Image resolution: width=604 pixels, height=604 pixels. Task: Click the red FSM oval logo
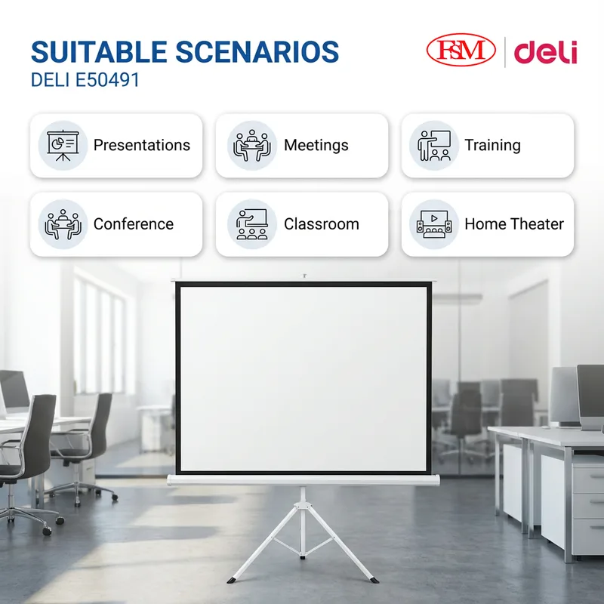[461, 50]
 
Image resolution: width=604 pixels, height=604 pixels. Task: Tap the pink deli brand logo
[545, 52]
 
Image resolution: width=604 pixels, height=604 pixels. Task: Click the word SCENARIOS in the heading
[257, 51]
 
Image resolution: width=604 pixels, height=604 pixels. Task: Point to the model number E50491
[107, 80]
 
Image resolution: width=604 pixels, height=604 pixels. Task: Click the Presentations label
[142, 145]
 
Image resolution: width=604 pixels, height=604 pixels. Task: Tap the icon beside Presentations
[63, 146]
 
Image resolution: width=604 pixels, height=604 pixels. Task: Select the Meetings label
[316, 145]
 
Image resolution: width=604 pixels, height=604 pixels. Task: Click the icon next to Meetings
[252, 146]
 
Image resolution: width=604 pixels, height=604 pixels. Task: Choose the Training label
[492, 145]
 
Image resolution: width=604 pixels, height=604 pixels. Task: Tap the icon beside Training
[434, 146]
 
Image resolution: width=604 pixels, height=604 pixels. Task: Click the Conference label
[134, 223]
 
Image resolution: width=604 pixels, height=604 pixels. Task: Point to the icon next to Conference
[63, 224]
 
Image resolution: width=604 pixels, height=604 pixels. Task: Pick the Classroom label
[322, 223]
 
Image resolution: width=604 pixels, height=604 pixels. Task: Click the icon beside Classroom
[252, 224]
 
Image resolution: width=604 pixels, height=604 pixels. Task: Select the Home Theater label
[514, 223]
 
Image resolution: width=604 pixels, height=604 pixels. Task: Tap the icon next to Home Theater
[434, 223]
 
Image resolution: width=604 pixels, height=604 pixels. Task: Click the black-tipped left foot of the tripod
[231, 580]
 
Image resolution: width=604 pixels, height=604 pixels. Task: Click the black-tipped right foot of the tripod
[374, 580]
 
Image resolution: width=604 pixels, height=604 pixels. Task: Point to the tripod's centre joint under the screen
[303, 504]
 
